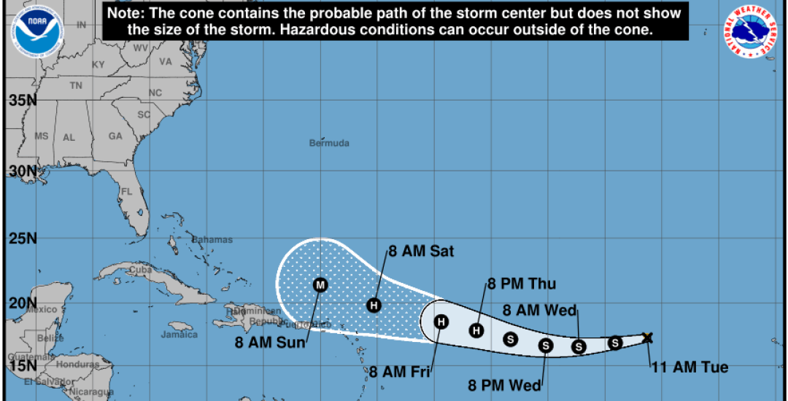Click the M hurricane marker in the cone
[320, 284]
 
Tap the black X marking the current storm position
[647, 338]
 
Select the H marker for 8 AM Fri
[441, 322]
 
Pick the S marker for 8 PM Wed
[546, 346]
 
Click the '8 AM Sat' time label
[421, 252]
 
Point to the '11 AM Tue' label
[689, 367]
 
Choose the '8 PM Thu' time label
[517, 284]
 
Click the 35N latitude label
[22, 99]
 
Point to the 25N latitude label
[22, 238]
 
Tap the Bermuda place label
[329, 143]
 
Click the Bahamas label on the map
[212, 240]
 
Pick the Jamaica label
[179, 335]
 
